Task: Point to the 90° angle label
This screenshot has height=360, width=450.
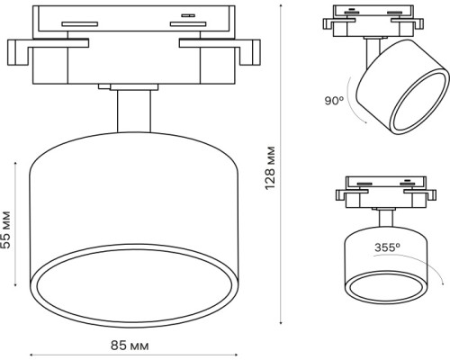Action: point(335,102)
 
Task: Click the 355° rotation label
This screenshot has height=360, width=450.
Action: point(387,244)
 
